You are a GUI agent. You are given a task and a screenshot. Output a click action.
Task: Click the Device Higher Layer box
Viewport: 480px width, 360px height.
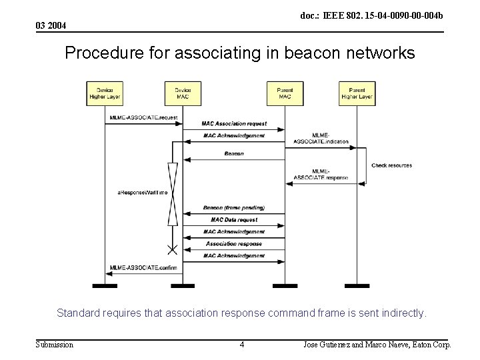pyautogui.click(x=105, y=93)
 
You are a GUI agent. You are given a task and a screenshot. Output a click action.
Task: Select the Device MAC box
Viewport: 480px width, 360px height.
pyautogui.click(x=183, y=93)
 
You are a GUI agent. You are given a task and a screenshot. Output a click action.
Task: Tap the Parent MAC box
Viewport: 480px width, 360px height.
pyautogui.click(x=285, y=93)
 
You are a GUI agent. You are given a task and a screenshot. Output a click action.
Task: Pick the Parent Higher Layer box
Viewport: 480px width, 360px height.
pyautogui.click(x=357, y=93)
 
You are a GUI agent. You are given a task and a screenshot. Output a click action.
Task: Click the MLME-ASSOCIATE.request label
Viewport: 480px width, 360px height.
pyautogui.click(x=144, y=118)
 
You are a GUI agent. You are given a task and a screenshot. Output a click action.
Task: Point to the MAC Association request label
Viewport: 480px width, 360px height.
pyautogui.click(x=234, y=124)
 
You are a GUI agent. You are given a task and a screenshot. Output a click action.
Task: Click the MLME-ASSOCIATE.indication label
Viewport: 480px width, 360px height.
pyautogui.click(x=321, y=139)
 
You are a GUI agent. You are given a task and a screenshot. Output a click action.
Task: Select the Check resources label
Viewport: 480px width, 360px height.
pyautogui.click(x=391, y=165)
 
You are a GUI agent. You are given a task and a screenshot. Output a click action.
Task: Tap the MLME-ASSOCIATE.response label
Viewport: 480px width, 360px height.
pyautogui.click(x=321, y=175)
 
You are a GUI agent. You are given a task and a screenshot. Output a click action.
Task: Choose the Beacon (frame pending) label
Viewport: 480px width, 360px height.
pyautogui.click(x=234, y=208)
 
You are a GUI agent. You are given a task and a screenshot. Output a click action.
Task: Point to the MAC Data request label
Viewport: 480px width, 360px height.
pyautogui.click(x=234, y=220)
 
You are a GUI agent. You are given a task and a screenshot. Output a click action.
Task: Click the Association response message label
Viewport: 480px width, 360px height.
pyautogui.click(x=234, y=244)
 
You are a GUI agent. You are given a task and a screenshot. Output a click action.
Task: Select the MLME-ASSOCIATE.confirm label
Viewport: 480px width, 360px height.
pyautogui.click(x=144, y=268)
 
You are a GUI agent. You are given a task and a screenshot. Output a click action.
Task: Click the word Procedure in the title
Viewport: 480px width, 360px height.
pyautogui.click(x=97, y=53)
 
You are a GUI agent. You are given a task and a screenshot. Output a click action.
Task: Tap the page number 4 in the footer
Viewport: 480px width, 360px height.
pyautogui.click(x=242, y=345)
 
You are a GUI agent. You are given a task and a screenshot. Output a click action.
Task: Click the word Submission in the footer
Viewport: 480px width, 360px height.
pyautogui.click(x=55, y=345)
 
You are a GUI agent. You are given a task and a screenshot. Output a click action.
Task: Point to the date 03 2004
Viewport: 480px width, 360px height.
pyautogui.click(x=51, y=25)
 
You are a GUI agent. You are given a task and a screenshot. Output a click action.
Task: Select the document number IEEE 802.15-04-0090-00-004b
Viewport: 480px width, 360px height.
pyautogui.click(x=371, y=15)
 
